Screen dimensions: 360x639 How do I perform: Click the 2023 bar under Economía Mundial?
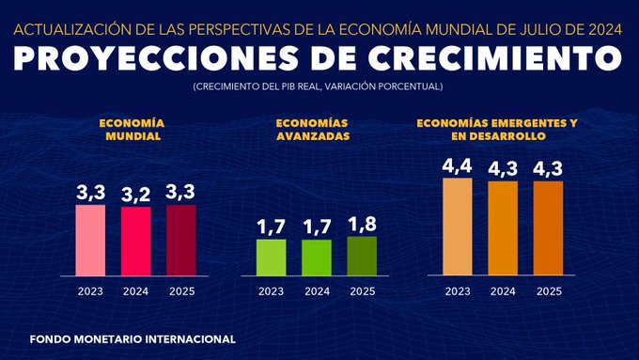point(90,241)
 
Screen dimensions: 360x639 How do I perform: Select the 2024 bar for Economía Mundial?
point(135,242)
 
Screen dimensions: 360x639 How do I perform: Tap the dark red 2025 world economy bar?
point(181,241)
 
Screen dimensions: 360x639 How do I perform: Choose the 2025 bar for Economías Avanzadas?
point(362,256)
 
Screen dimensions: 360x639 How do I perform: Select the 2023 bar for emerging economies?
point(458,227)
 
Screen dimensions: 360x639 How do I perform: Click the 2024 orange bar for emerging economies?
point(503,228)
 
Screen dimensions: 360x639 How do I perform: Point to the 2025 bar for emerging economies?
point(549,228)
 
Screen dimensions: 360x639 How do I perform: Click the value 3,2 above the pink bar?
point(135,195)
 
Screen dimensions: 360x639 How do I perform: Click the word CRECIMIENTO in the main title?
point(484,58)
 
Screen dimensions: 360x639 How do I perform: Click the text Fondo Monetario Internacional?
point(132,338)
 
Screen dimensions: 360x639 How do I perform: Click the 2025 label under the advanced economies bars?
point(362,291)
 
